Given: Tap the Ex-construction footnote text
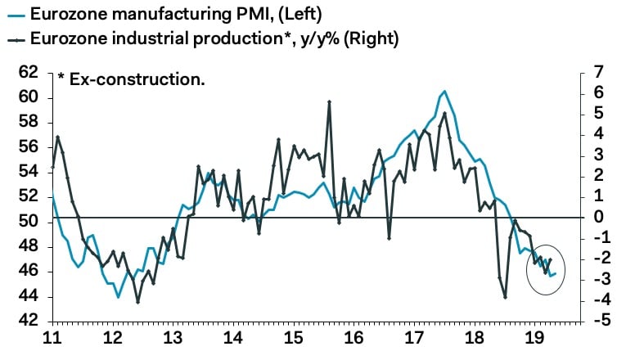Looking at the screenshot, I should [131, 79].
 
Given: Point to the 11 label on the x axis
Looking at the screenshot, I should [52, 338].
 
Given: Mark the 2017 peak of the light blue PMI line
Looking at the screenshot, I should [444, 91].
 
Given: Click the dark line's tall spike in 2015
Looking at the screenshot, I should [329, 101].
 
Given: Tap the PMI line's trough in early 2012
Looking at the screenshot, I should [118, 297].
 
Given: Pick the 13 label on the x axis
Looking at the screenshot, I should [173, 338].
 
